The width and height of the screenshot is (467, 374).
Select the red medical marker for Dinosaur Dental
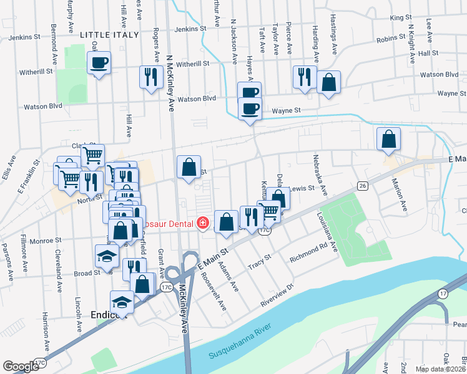pyautogui.click(x=202, y=223)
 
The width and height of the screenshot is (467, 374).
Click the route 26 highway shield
pyautogui.click(x=362, y=186)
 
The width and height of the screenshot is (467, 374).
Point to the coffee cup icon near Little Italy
pyautogui.click(x=99, y=62)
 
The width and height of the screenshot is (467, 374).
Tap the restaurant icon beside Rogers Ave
pyautogui.click(x=150, y=77)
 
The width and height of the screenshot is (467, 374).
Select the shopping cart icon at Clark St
pyautogui.click(x=92, y=155)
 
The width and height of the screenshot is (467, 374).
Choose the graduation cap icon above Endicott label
pyautogui.click(x=122, y=302)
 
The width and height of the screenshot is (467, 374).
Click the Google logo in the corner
pyautogui.click(x=21, y=367)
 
